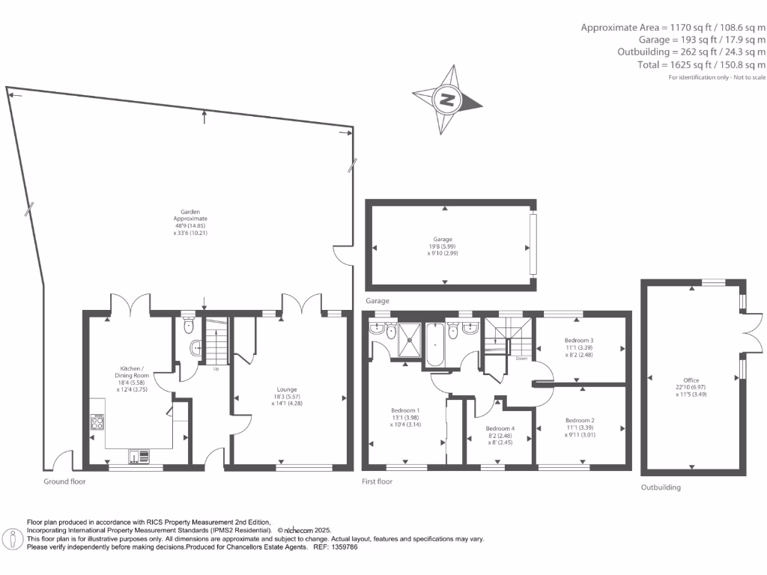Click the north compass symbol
point(447,100)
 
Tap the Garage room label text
point(445,240)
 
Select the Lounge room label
point(286,389)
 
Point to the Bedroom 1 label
point(405,410)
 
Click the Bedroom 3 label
point(578,341)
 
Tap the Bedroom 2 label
point(580,420)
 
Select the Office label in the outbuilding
point(691,380)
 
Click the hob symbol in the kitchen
point(97,425)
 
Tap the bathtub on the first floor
point(435,344)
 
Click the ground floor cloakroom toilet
point(189,328)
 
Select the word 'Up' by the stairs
point(216,369)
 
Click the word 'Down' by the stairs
point(521,358)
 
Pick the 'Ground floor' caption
point(64,481)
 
